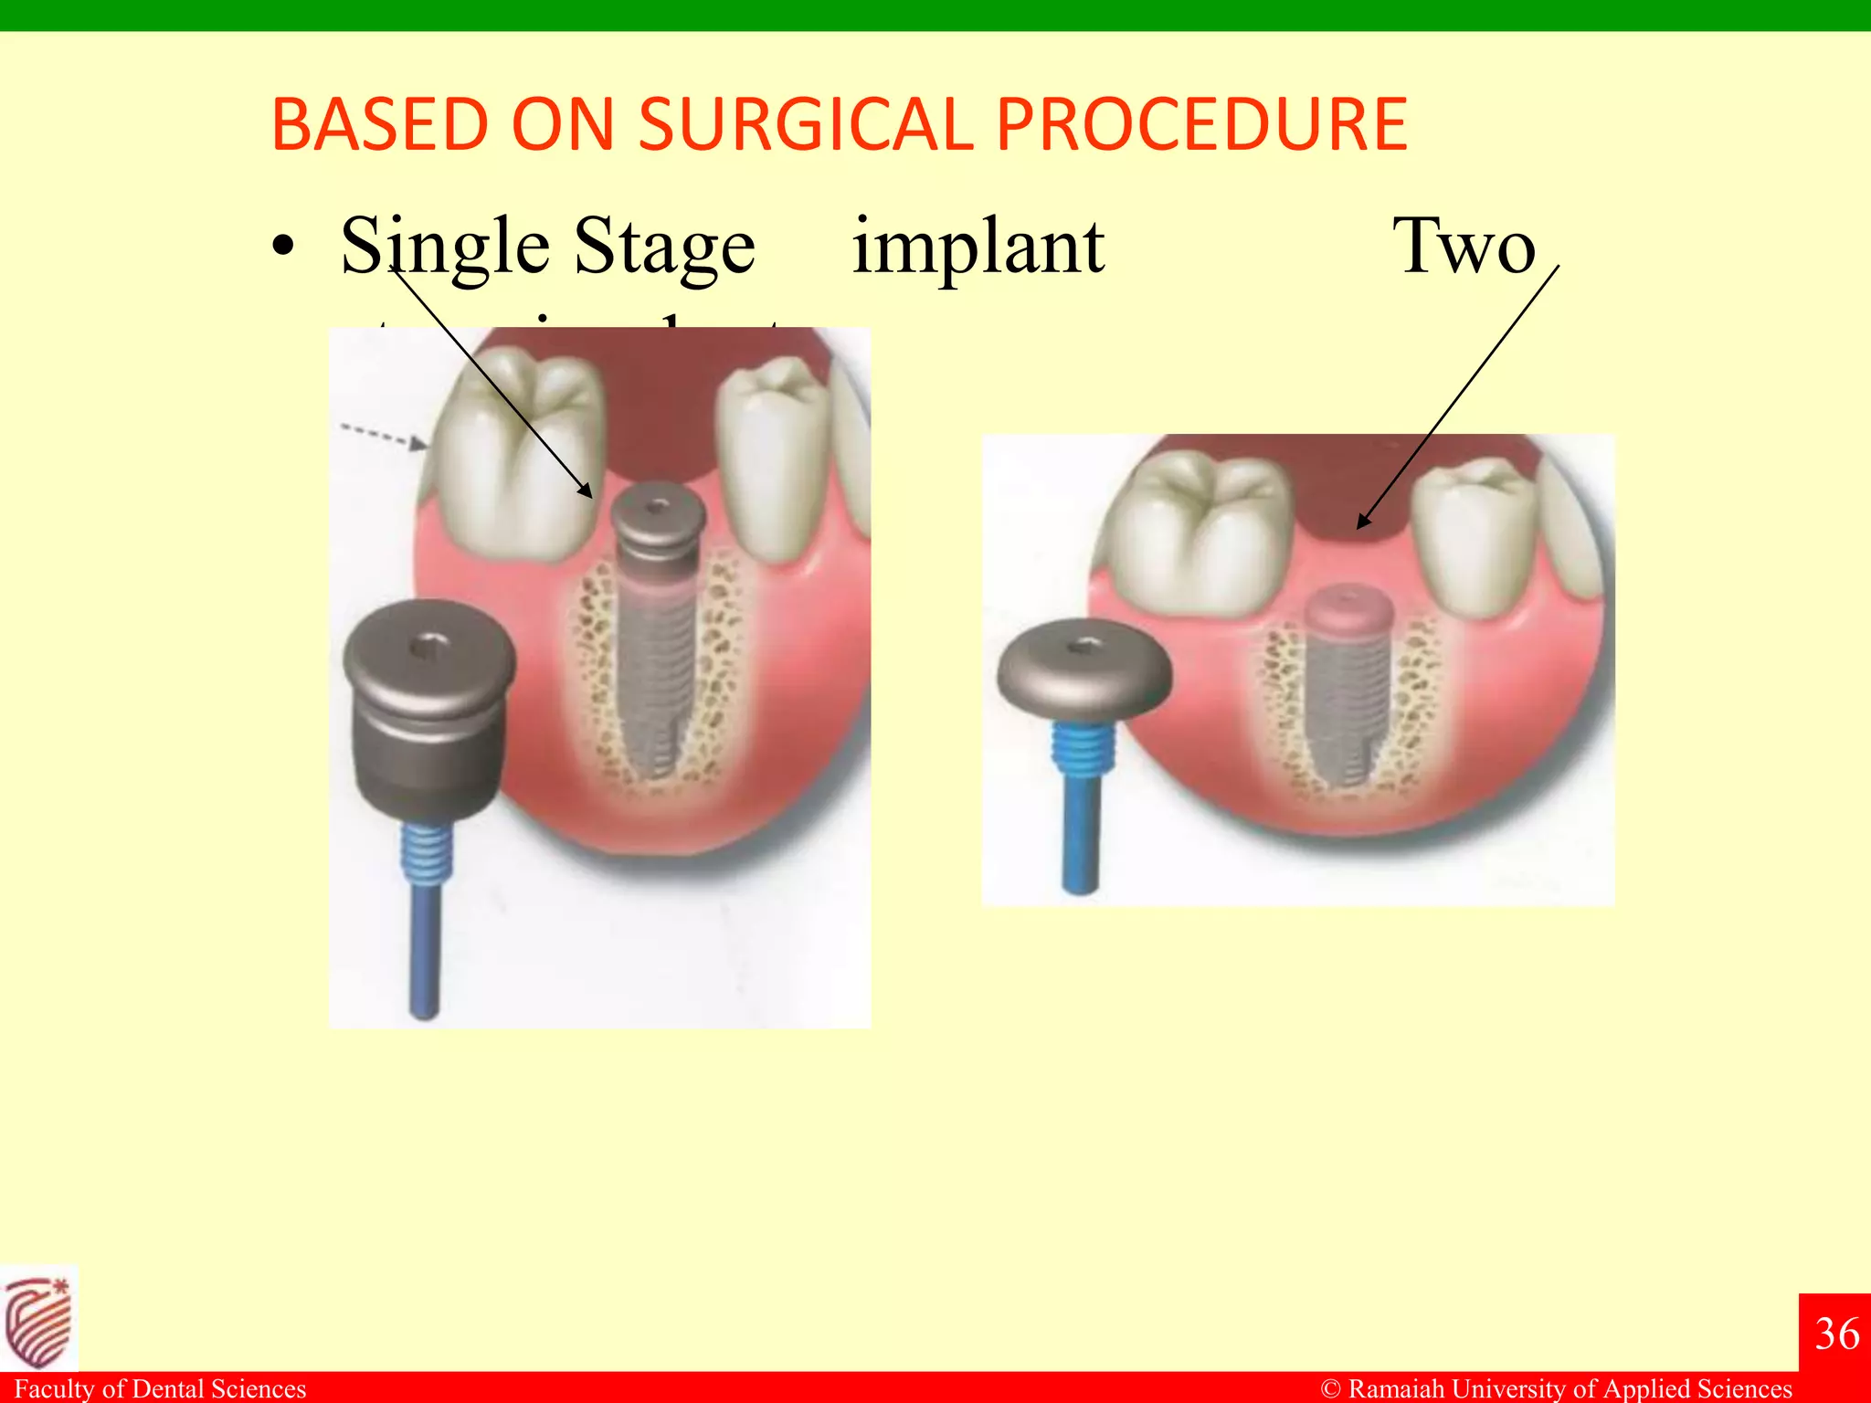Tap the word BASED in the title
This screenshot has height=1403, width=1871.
coord(380,125)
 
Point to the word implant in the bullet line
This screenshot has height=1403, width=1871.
coord(978,247)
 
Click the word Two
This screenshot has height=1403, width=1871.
coord(1464,247)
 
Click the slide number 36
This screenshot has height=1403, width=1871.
coord(1836,1334)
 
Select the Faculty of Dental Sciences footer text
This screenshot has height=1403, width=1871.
coord(161,1389)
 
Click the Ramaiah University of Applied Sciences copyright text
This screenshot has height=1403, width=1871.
coord(1557,1389)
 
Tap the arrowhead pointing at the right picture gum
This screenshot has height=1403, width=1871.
coord(1363,522)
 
